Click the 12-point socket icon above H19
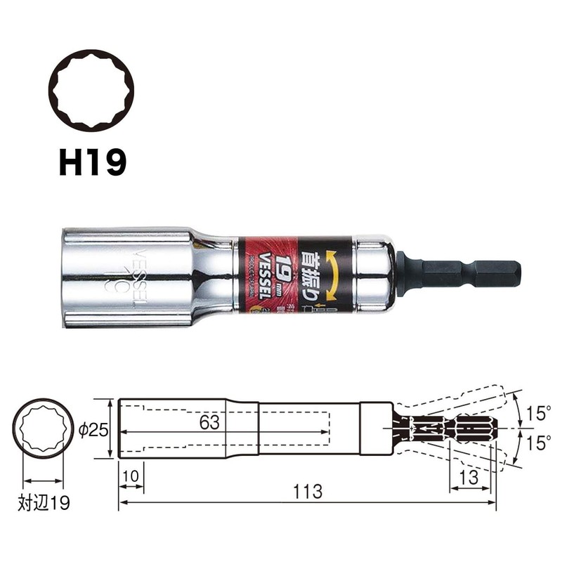pyautogui.click(x=91, y=89)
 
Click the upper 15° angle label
pyautogui.click(x=538, y=414)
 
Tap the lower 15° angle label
pyautogui.click(x=538, y=443)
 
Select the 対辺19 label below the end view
pyautogui.click(x=43, y=504)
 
